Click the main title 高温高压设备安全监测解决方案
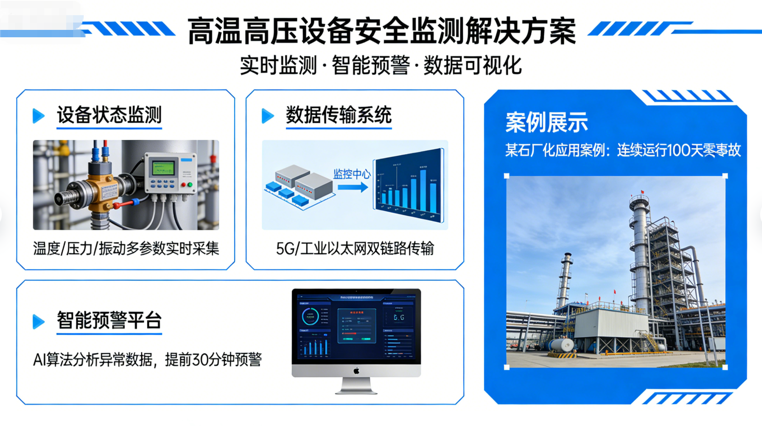(381, 31)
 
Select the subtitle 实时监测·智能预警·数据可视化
(381, 65)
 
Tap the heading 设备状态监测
(109, 115)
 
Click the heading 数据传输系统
(338, 115)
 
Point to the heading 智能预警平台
(109, 320)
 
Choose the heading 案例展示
(546, 122)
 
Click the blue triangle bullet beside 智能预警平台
(39, 321)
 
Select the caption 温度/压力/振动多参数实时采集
(126, 249)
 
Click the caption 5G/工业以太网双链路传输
(355, 249)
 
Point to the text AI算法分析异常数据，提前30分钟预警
(147, 360)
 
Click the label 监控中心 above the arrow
(352, 174)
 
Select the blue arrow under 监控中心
(353, 187)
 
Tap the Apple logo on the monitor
(356, 370)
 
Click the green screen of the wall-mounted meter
(163, 167)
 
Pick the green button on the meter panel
(189, 184)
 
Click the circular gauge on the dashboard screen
(310, 317)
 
